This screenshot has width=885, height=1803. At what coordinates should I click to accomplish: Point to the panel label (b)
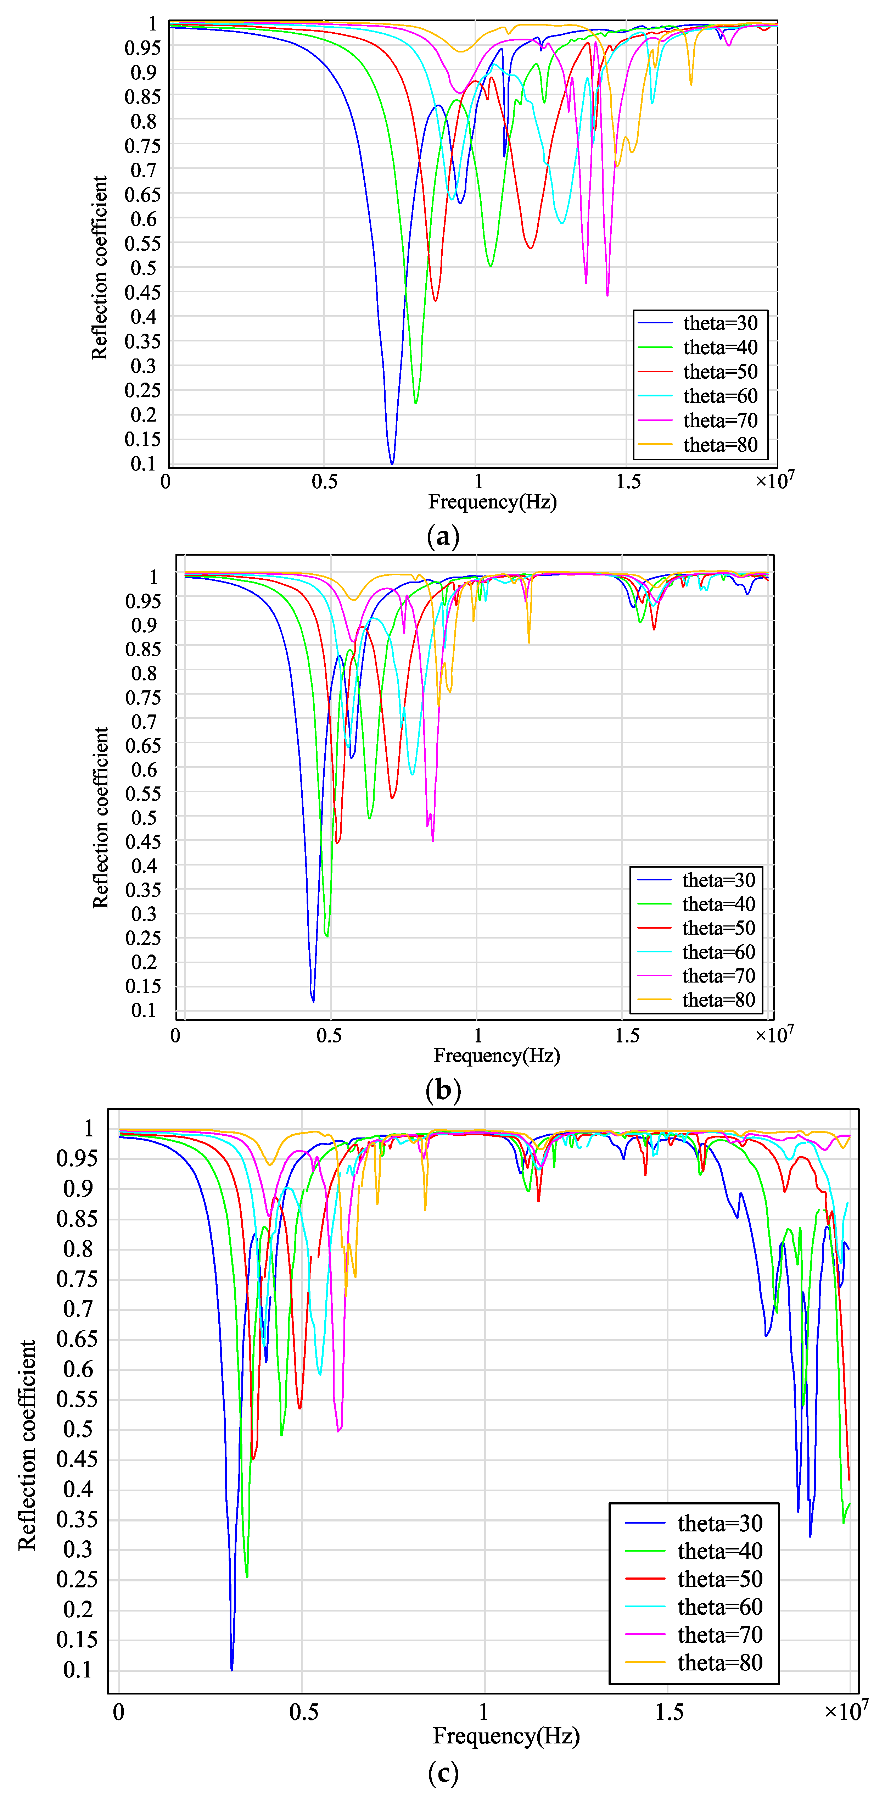coord(442,1090)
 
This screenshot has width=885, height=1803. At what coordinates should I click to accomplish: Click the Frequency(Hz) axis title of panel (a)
coord(492,502)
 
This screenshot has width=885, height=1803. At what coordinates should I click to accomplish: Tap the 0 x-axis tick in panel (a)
coord(166,482)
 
